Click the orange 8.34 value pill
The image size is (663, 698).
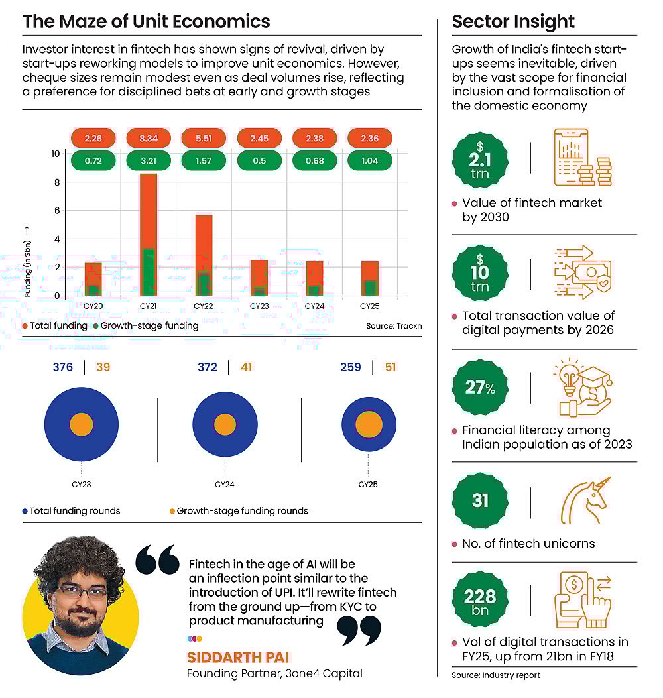pyautogui.click(x=147, y=139)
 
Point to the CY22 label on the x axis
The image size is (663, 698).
pyautogui.click(x=203, y=306)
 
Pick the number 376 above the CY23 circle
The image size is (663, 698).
pyautogui.click(x=63, y=367)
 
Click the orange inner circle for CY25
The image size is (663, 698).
pyautogui.click(x=368, y=425)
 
